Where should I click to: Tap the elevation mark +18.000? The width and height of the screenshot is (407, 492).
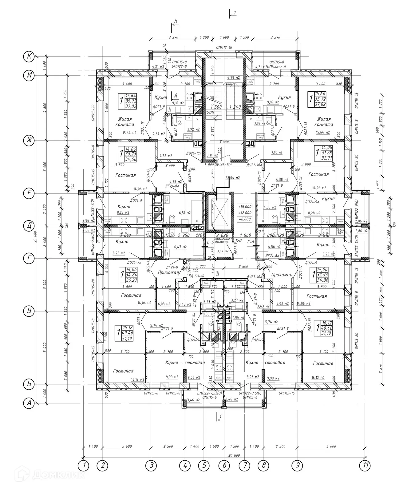coord(245,207)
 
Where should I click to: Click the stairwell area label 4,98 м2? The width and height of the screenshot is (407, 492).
coord(233,77)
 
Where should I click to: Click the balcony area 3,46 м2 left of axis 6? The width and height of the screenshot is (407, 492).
coord(193,400)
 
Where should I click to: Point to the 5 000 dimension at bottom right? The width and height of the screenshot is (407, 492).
coord(331,446)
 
